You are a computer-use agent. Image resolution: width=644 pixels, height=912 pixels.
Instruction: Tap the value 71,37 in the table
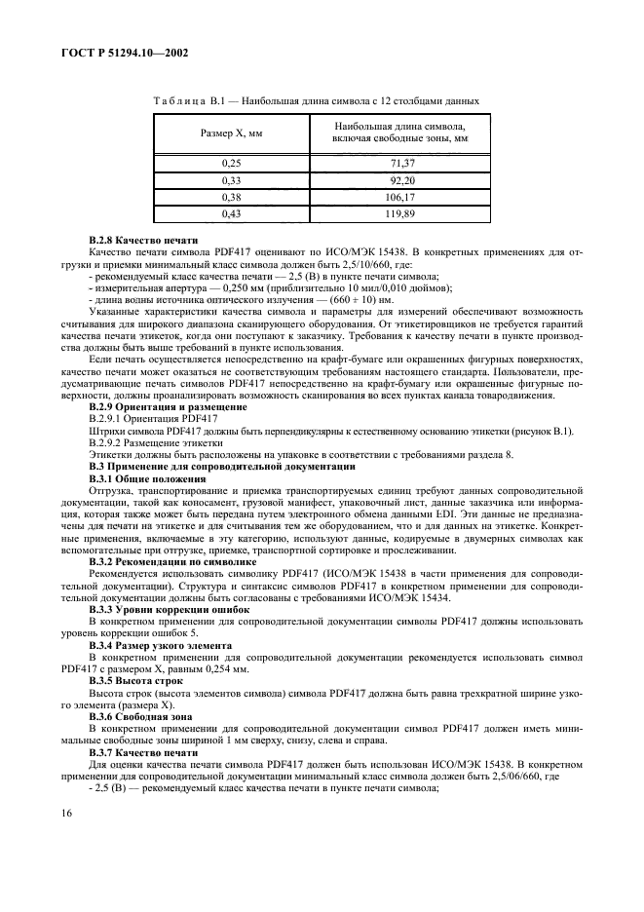tap(401, 161)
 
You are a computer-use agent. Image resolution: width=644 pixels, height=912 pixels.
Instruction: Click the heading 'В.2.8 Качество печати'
tap(143, 240)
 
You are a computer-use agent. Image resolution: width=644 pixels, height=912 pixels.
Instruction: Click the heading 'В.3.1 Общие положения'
tap(147, 480)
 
